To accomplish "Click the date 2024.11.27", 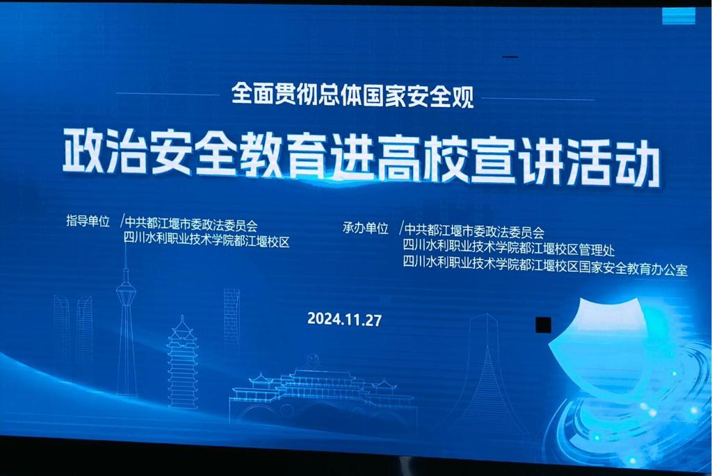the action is pos(344,320).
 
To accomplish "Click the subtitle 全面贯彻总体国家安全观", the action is pos(353,95).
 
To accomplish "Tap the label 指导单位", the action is pos(88,221).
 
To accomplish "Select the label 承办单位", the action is pos(366,228).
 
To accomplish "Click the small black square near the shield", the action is pos(543,325).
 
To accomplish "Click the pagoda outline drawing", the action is pos(183,363).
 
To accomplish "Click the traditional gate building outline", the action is pos(323,391).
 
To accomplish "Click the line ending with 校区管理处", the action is pos(508,248).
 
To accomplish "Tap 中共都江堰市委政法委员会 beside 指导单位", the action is pos(191,224).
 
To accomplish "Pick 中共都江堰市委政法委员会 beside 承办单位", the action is pos(474,231).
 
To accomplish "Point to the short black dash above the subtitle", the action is pos(510,57).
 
